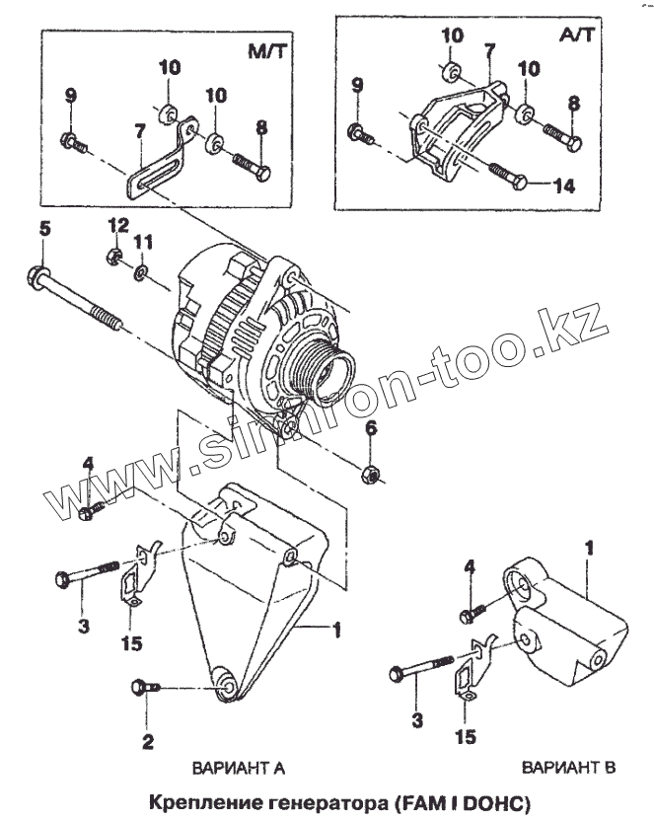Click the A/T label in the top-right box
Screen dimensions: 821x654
[x=577, y=35]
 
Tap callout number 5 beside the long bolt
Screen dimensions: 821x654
[x=44, y=229]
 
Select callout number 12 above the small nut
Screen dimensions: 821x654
[x=117, y=226]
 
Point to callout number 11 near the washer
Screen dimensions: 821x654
[x=144, y=241]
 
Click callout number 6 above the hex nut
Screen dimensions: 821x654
[x=372, y=428]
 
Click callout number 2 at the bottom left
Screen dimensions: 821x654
[x=148, y=740]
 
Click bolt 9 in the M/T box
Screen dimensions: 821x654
[x=74, y=141]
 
